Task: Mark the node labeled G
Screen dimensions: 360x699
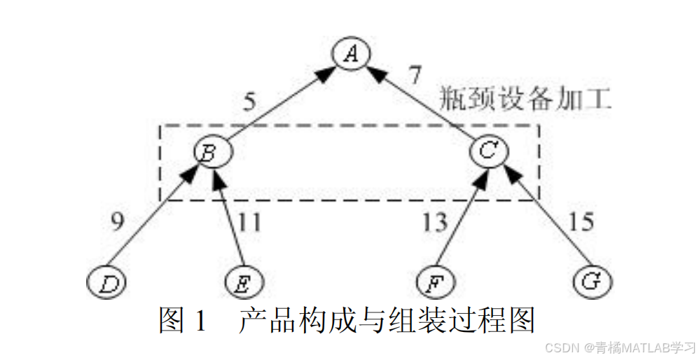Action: pyautogui.click(x=592, y=280)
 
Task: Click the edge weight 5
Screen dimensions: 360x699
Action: pyautogui.click(x=250, y=102)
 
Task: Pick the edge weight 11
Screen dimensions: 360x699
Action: pyautogui.click(x=249, y=222)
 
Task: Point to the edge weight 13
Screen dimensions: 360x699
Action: pyautogui.click(x=434, y=222)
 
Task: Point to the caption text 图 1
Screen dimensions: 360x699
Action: pyautogui.click(x=184, y=320)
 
